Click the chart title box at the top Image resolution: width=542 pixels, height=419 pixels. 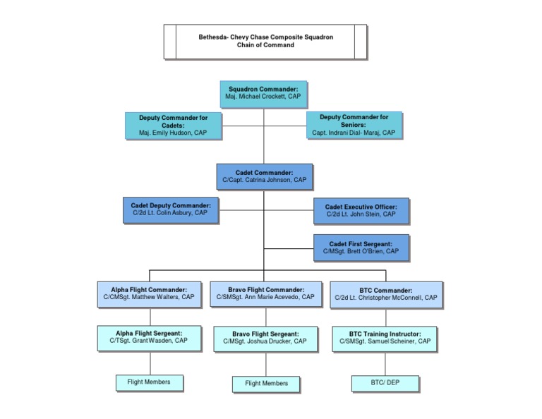tap(265, 42)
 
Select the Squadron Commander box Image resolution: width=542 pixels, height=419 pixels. tap(263, 93)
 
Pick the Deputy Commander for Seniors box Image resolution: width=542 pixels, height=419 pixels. tap(354, 124)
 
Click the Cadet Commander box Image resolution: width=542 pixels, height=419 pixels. tap(264, 176)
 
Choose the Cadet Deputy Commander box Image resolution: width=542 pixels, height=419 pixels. tap(171, 209)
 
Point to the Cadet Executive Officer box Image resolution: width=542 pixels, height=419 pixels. tap(361, 209)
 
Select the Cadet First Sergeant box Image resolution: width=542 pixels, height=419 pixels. tap(361, 247)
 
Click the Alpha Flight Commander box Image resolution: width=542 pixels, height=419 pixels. tap(148, 293)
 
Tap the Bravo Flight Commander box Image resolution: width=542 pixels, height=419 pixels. tap(266, 293)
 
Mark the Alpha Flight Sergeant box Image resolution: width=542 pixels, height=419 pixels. tap(148, 336)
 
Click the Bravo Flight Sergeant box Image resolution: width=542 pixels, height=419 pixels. tap(265, 337)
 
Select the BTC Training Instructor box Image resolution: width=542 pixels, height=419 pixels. tap(385, 337)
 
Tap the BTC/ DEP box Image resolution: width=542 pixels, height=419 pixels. tap(385, 383)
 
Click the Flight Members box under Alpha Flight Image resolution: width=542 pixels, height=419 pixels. tap(149, 382)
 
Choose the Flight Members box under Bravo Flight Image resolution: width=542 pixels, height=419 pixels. tap(266, 383)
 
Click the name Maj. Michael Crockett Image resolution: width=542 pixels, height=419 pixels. tap(263, 97)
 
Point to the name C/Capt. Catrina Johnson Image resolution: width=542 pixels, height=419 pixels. tap(264, 181)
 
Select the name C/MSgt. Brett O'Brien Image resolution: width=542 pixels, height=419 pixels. tap(361, 251)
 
